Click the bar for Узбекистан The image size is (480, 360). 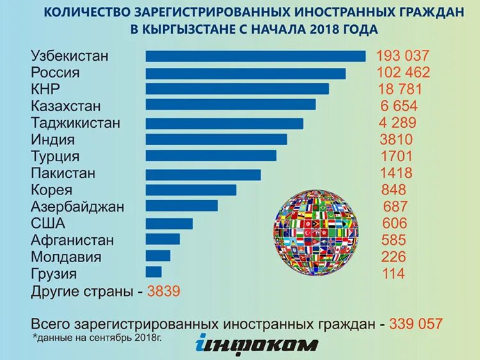click(x=255, y=56)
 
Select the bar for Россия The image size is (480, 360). click(x=246, y=73)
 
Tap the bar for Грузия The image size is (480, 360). click(x=154, y=272)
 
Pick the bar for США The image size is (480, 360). click(x=169, y=223)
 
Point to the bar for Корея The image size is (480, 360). click(x=191, y=190)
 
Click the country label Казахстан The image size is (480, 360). click(x=65, y=106)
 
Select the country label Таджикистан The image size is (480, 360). click(x=75, y=123)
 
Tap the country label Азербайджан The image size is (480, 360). click(x=77, y=207)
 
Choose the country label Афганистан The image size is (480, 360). click(x=72, y=240)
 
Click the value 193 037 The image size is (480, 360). click(x=402, y=56)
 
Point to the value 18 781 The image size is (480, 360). click(x=401, y=89)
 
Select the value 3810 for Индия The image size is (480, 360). click(x=396, y=139)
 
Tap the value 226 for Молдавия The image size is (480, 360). click(x=394, y=257)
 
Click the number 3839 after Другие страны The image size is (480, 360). click(x=164, y=291)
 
